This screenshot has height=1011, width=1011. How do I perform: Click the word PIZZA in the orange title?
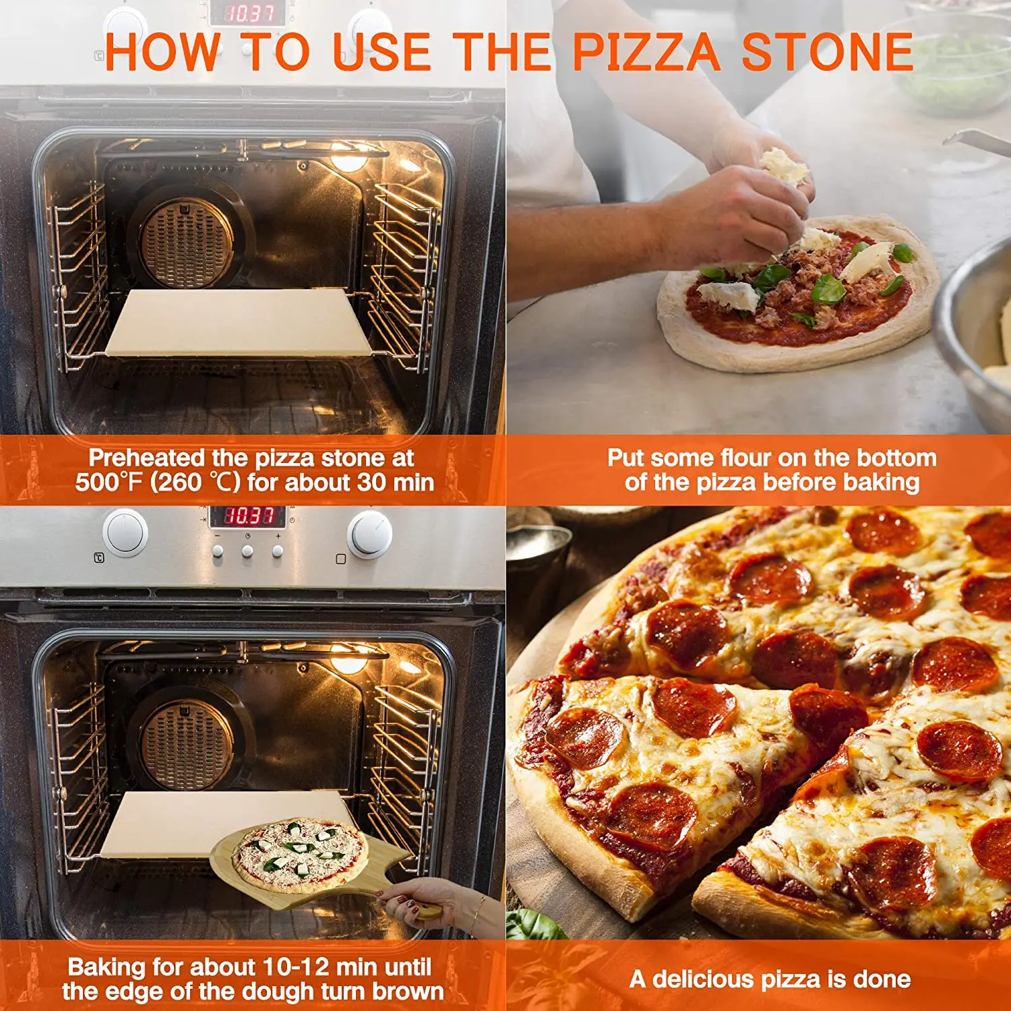click(646, 53)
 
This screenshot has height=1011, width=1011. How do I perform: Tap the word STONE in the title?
click(827, 53)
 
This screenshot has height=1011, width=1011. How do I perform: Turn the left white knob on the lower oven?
click(125, 532)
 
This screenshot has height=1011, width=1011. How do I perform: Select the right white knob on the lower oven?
click(369, 534)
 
